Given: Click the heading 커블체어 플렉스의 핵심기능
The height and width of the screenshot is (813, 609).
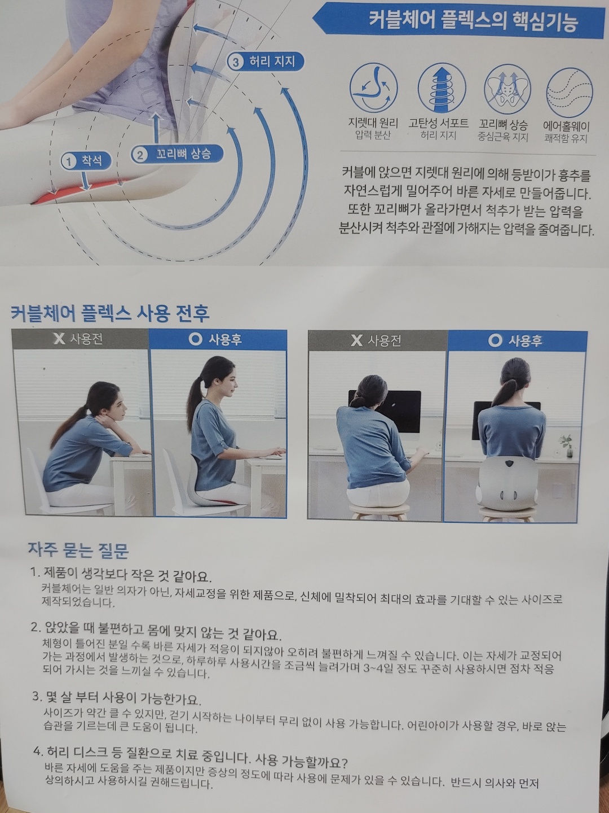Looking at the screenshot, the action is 473,20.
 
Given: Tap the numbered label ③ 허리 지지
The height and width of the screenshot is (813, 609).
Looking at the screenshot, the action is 265,62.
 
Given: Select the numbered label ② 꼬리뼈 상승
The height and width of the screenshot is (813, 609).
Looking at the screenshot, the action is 177,154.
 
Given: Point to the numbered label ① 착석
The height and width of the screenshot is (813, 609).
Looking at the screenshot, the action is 86,161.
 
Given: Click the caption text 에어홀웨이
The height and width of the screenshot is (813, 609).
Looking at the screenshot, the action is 566,126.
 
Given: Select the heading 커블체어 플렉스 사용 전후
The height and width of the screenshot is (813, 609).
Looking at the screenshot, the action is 110,313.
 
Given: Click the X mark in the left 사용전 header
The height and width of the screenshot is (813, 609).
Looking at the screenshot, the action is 59,339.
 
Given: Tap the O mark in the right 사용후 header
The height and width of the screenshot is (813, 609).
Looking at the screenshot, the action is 495,340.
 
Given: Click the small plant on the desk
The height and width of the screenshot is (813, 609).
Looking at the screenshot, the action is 567,445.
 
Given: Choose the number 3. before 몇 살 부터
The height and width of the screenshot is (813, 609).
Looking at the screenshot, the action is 37,697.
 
